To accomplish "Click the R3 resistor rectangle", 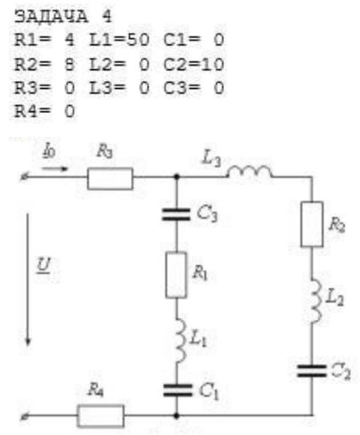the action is click(x=110, y=179).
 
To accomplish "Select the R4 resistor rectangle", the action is click(x=100, y=416).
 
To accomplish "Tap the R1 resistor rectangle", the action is click(x=176, y=275).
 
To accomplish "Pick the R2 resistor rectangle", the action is click(x=312, y=224).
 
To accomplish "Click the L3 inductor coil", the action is click(x=250, y=172).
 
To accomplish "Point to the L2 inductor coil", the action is click(x=316, y=301).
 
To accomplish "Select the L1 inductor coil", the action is click(x=180, y=340).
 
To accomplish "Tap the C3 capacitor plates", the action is click(x=176, y=214).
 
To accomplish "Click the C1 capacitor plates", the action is click(x=177, y=391).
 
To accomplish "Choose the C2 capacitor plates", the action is click(x=312, y=371).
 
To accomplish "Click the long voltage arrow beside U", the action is click(x=28, y=279).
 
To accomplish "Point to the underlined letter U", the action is click(x=44, y=265).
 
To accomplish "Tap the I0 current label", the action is click(x=49, y=151).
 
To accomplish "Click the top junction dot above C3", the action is click(x=177, y=177).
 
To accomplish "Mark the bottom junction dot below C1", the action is click(x=176, y=415).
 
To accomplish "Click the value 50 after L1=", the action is click(x=138, y=40).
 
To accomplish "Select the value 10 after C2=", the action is click(x=212, y=64).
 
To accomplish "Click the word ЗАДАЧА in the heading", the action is click(x=51, y=16).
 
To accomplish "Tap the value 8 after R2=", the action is click(x=69, y=64).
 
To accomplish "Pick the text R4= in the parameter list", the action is click(x=33, y=111).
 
